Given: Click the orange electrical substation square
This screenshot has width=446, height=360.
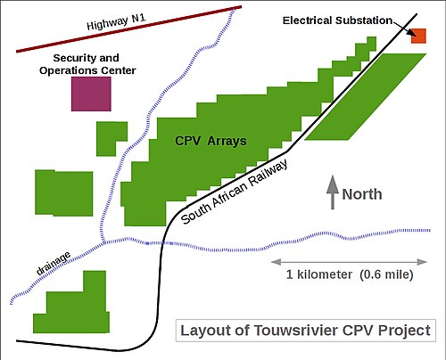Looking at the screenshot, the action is [418, 36].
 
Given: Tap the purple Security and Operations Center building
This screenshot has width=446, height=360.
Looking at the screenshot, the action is [91, 94].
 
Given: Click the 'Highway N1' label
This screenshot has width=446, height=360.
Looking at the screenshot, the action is [116, 22].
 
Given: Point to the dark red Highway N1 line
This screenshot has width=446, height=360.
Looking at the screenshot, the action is [128, 29].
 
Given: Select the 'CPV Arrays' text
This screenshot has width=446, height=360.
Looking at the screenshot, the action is [211, 141].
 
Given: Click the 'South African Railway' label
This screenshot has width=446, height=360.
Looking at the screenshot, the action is [235, 192].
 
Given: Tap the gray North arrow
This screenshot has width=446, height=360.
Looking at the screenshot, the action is [333, 192].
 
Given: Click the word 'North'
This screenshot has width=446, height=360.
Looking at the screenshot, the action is [362, 194].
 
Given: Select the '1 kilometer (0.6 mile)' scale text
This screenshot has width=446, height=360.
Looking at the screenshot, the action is [350, 274].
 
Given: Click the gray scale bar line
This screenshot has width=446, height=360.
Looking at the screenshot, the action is [349, 262].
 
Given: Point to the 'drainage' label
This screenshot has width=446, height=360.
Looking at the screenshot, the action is [54, 263].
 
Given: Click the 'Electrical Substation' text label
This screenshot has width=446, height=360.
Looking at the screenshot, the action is [337, 20].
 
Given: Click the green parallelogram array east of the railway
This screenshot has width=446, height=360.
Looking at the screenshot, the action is [366, 96].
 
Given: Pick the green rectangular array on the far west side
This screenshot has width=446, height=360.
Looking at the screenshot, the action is [64, 192].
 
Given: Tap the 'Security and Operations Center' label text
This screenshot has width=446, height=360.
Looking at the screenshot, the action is [87, 64].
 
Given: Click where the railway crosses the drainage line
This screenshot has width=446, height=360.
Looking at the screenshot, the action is [162, 243].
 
